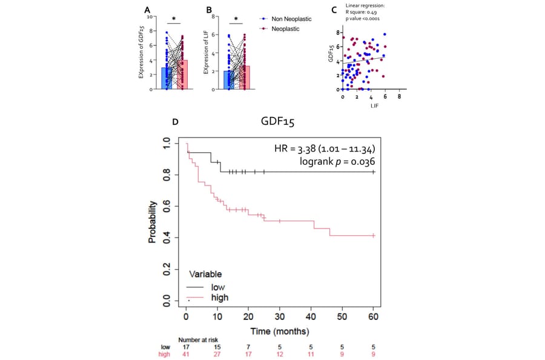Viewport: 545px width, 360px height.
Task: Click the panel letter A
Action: point(147,10)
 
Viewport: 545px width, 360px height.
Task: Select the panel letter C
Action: point(335,10)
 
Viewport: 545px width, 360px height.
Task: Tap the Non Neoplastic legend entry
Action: point(284,19)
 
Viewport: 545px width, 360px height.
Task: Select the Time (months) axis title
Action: point(280,332)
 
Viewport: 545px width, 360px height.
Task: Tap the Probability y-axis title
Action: point(153,222)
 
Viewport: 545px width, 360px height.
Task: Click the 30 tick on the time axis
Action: point(280,317)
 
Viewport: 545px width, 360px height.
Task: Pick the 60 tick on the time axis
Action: point(374,317)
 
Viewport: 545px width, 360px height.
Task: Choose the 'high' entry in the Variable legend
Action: point(219,298)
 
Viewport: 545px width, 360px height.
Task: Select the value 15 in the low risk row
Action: point(217,347)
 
